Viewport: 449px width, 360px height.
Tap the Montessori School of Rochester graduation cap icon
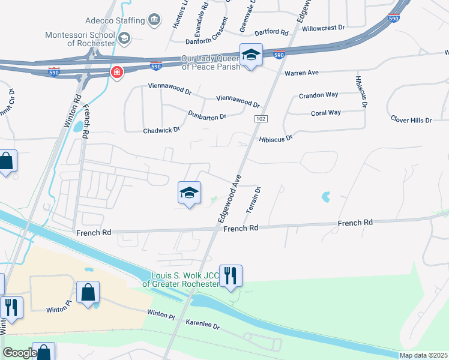tap(124, 40)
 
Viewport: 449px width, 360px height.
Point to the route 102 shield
tap(259, 119)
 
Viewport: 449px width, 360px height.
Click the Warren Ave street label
tap(301, 73)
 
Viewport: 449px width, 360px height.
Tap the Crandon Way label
tap(318, 95)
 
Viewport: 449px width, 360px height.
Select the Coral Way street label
tap(325, 113)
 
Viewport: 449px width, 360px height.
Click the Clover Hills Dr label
tap(411, 120)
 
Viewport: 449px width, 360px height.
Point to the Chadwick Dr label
tap(161, 130)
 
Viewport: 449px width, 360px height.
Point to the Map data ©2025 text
tap(423, 355)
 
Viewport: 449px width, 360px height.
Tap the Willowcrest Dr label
tap(324, 28)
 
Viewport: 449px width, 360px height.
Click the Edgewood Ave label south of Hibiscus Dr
tap(229, 199)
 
